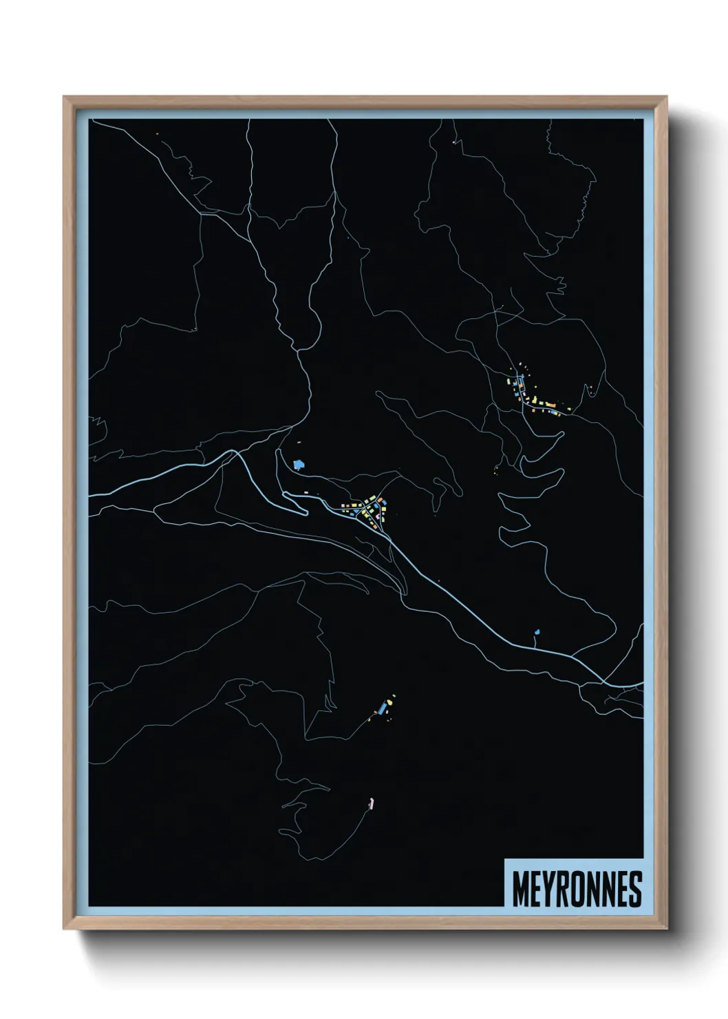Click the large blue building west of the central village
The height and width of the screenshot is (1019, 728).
(298, 465)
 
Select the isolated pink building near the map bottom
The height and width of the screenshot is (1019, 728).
(372, 802)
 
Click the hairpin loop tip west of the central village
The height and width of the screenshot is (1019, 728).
(305, 512)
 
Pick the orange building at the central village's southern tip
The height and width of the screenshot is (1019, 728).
(383, 527)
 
